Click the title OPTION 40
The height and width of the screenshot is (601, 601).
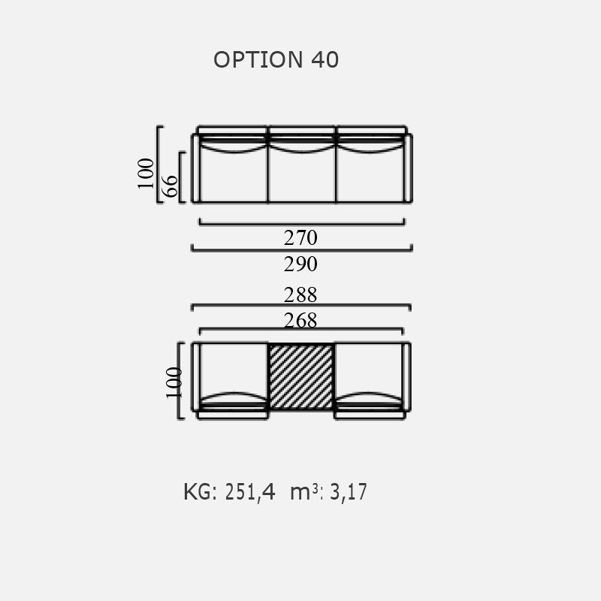click(x=276, y=60)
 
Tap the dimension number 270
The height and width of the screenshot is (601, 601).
click(x=300, y=237)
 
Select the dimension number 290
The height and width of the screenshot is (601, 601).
click(x=300, y=264)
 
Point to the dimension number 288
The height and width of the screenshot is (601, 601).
click(x=300, y=294)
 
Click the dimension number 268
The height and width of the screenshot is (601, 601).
click(x=300, y=321)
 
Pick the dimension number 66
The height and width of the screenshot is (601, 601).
click(x=171, y=186)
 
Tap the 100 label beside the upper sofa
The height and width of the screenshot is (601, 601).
click(x=145, y=174)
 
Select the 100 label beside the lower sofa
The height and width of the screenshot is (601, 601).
click(x=174, y=383)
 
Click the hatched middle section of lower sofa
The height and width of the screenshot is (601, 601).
click(x=301, y=376)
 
